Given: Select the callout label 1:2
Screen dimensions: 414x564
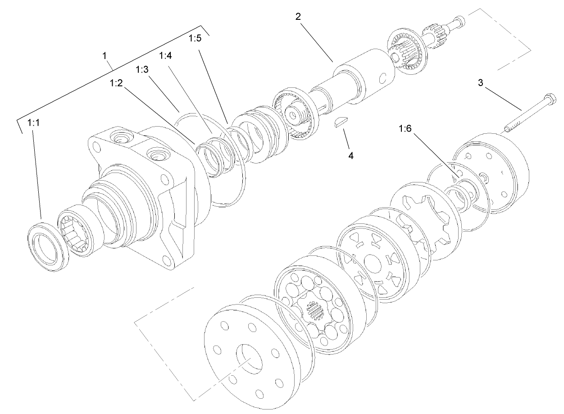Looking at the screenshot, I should [x=117, y=83].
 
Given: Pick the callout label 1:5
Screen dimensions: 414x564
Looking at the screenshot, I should [x=195, y=39].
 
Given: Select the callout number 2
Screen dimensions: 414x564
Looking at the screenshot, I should [x=298, y=17].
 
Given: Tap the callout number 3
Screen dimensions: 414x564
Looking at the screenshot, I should [x=481, y=83].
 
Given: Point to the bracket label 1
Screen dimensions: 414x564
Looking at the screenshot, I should [x=105, y=56].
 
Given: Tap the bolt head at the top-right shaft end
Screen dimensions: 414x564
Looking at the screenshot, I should [x=460, y=20].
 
